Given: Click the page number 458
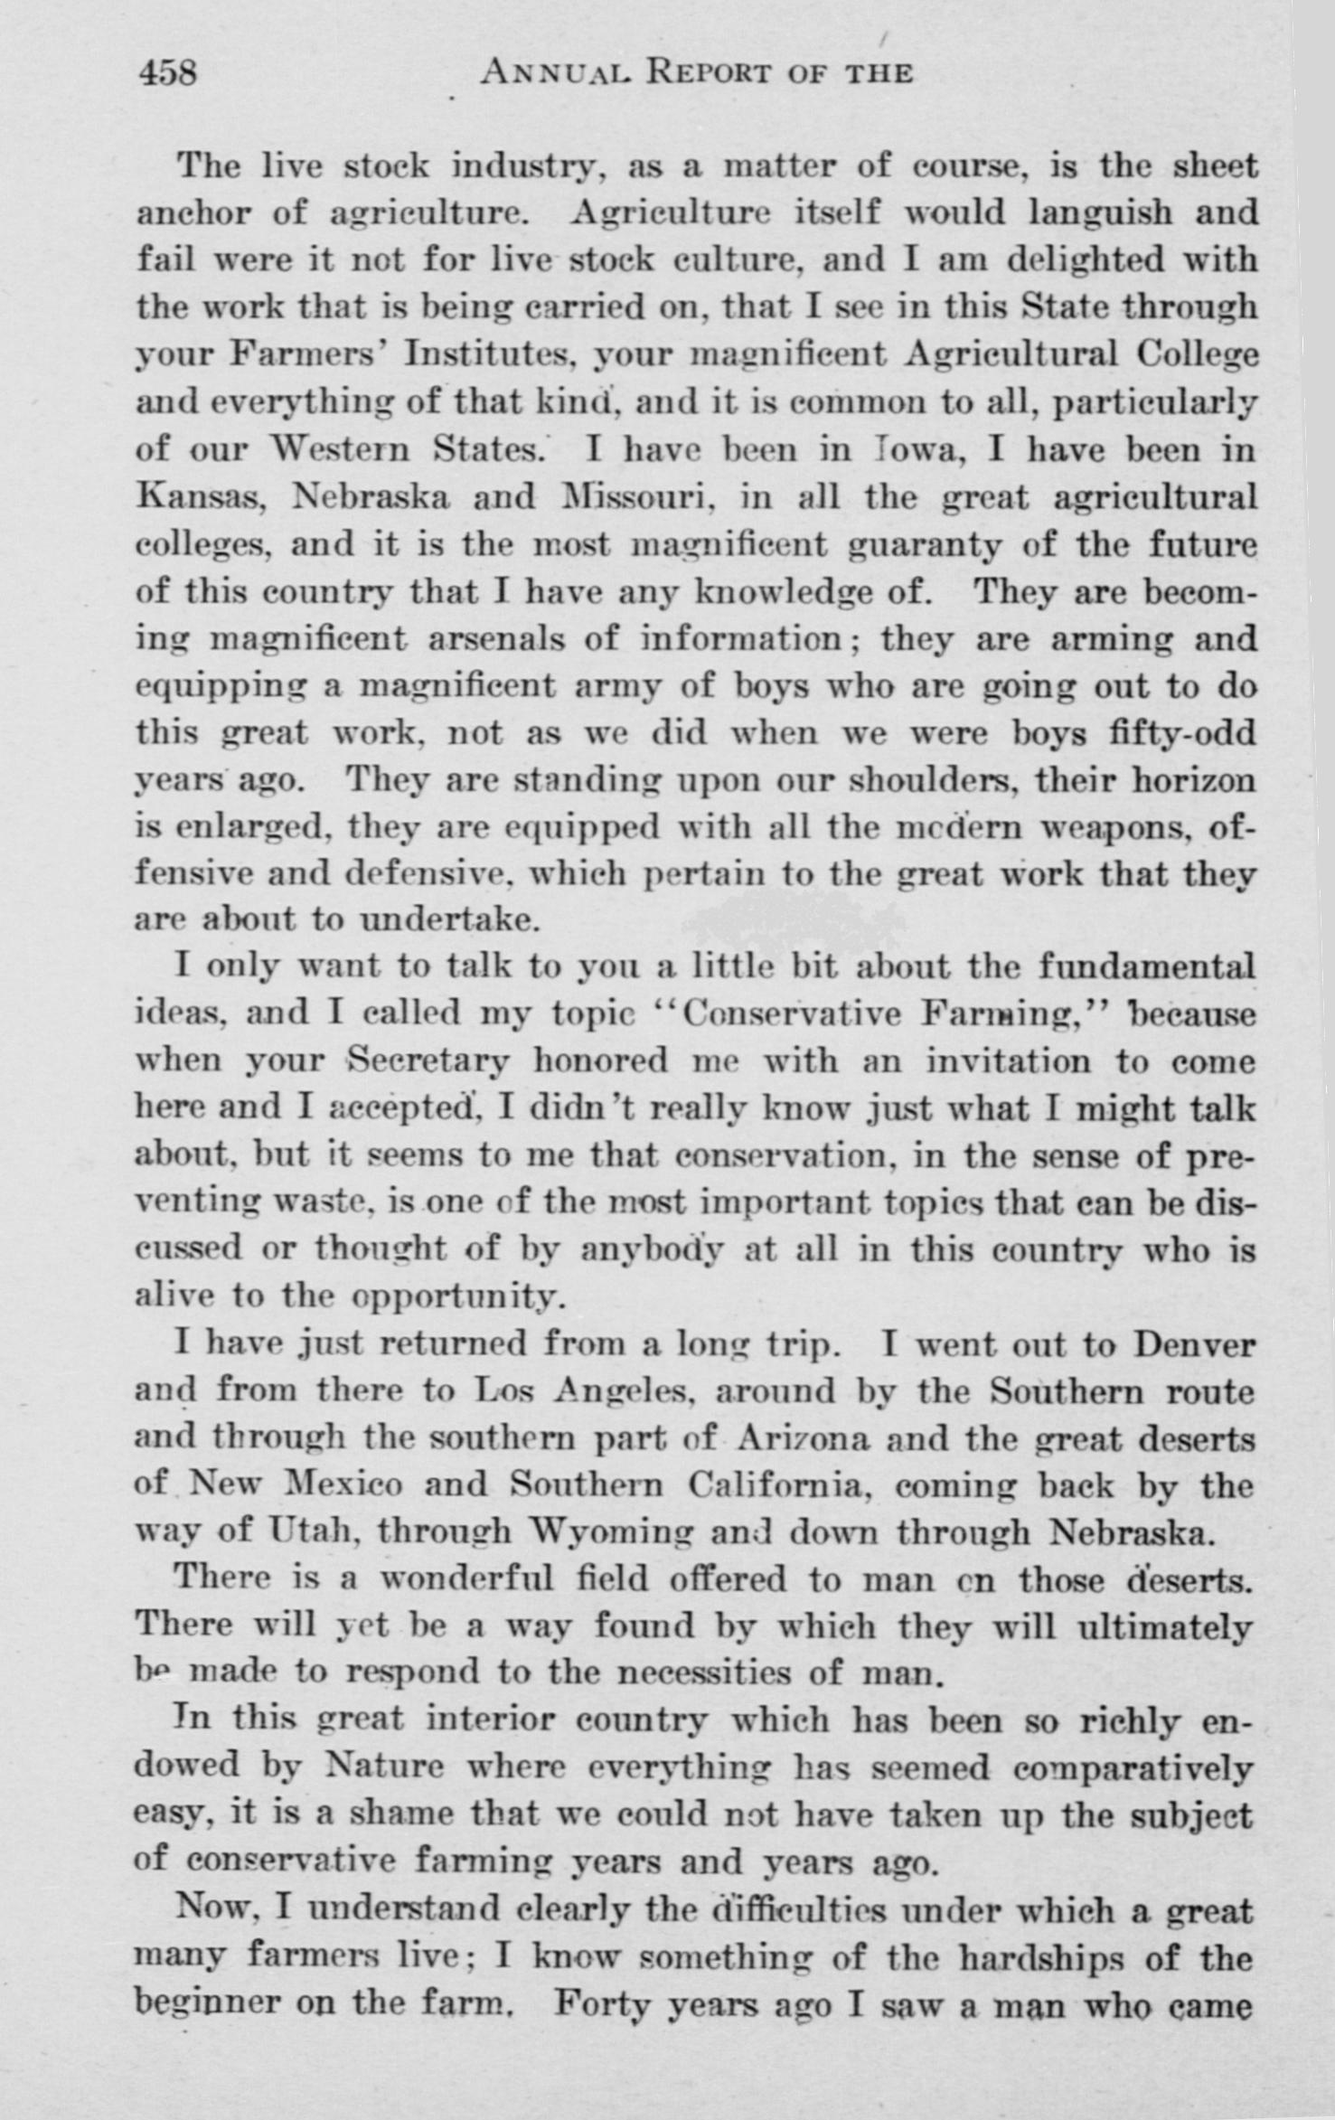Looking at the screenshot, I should [169, 71].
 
